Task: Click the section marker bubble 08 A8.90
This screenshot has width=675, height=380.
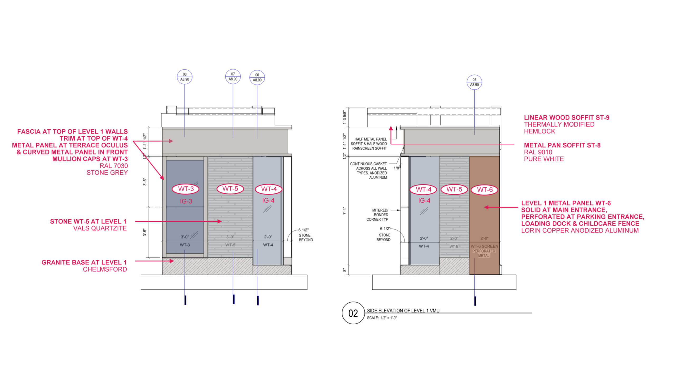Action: pos(185,77)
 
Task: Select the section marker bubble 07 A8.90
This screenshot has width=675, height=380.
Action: pos(233,77)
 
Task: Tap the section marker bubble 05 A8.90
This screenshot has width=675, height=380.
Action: pos(474,82)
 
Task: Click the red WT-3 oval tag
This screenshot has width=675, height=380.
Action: pos(186,189)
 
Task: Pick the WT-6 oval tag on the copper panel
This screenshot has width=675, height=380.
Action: pos(485,190)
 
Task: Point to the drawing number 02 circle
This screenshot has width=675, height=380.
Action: pos(353,313)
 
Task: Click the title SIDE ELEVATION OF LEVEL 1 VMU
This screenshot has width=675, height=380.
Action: pos(403,311)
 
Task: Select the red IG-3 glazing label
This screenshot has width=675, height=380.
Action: pos(186,201)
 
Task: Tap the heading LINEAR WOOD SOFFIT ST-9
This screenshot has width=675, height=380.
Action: pos(566,118)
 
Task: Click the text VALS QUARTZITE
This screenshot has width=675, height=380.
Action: pos(100,229)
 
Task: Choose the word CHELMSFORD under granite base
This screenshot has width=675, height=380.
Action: pos(105,269)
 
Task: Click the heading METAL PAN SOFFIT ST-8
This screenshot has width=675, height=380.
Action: pos(562,145)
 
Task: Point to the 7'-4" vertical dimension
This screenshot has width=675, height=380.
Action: pos(344,211)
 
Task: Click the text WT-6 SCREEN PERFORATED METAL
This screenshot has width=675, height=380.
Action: pos(484,251)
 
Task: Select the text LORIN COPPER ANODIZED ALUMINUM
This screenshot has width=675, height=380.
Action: pos(580,231)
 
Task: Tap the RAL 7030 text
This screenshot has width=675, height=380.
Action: pos(113,166)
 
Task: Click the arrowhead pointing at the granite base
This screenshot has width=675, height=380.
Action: pos(172,261)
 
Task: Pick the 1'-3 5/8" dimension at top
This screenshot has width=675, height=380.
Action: pos(344,117)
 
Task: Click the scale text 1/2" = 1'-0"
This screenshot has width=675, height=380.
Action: pos(388,318)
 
